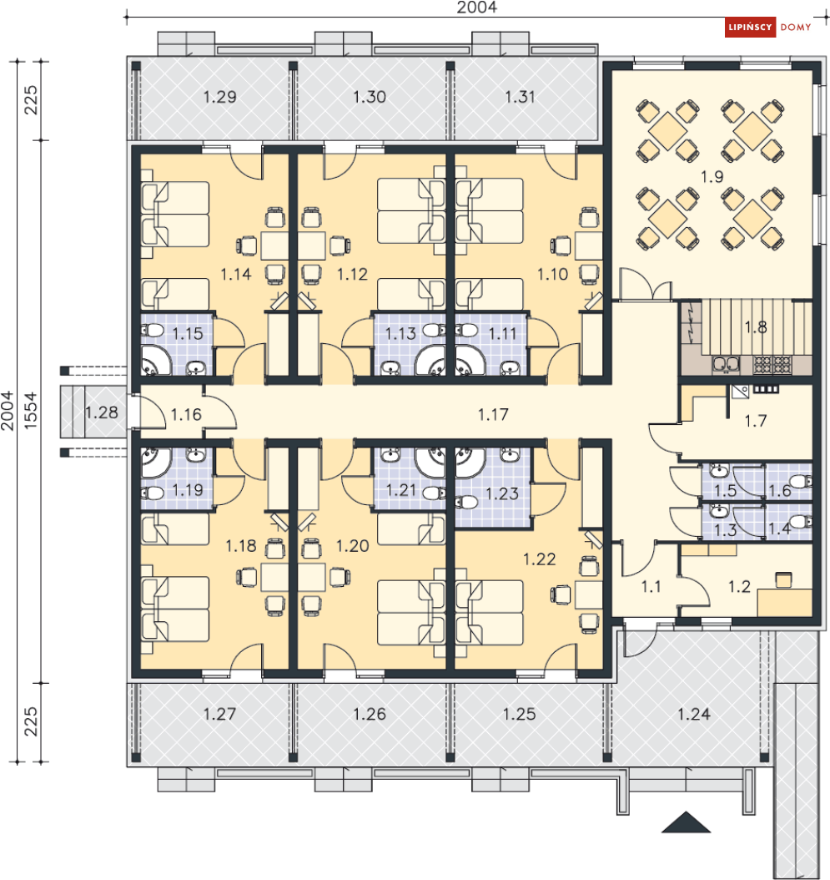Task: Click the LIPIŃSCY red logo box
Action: pos(750,27)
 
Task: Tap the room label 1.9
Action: pos(712,177)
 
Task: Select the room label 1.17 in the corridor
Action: pos(493,415)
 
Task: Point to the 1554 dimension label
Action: pos(30,411)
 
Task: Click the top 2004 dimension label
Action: pos(476,8)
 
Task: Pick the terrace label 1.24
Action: pos(694,715)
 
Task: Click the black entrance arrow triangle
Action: pos(686,822)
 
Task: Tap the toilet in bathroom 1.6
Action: pos(800,481)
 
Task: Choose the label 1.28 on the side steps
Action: pos(102,412)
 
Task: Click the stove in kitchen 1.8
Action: pos(772,365)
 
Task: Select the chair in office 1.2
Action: pos(783,579)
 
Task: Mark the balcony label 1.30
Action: pos(370,97)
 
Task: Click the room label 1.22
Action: pos(539,559)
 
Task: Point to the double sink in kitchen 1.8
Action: pos(727,365)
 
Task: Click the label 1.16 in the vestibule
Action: pos(186,415)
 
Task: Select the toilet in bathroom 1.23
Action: pos(466,501)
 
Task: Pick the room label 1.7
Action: pos(755,421)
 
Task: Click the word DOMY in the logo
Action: pos(796,27)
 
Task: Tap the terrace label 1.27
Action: pos(219,715)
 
